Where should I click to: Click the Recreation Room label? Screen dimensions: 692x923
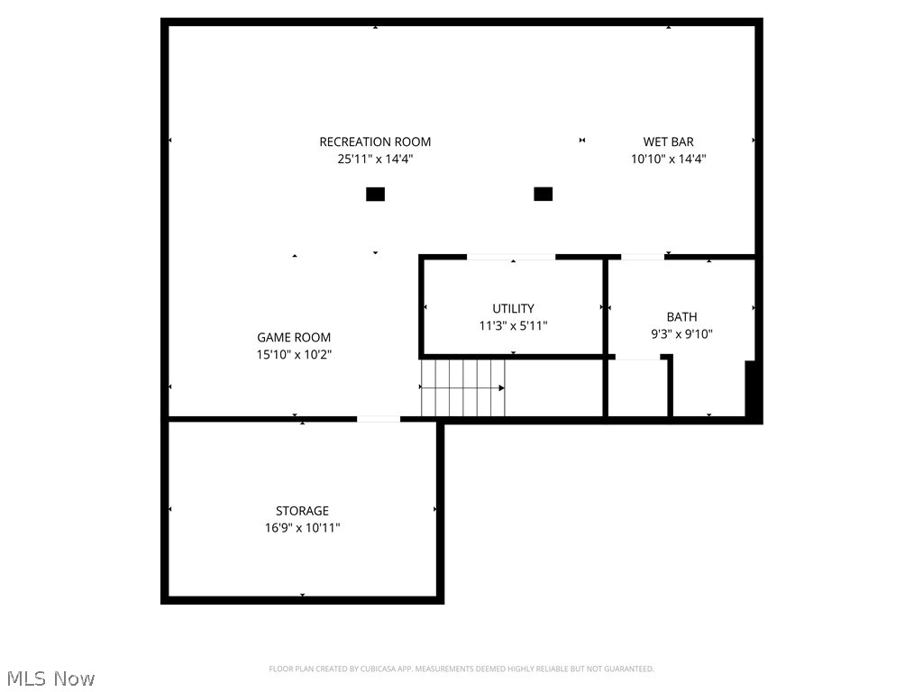375,141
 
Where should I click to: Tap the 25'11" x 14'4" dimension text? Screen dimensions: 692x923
375,159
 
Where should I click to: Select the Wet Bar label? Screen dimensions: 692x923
668,141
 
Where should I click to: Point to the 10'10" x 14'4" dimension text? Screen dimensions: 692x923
668,159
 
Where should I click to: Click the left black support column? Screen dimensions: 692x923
375,194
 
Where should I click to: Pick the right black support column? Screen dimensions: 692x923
543,194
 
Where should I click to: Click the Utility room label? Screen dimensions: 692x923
513,308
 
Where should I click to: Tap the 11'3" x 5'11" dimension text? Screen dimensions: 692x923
513,325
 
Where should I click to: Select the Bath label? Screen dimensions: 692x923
681,316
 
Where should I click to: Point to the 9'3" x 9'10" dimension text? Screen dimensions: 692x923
681,333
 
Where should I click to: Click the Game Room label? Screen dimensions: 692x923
294,338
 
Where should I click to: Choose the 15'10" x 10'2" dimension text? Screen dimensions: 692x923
294,355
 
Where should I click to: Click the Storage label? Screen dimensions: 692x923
302,511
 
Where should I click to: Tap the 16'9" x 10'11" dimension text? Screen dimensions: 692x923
302,528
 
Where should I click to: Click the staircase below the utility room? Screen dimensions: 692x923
463,387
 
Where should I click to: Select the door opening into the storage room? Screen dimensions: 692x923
379,419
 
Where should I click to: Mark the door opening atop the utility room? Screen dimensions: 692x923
511,257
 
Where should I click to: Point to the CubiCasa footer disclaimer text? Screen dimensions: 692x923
461,669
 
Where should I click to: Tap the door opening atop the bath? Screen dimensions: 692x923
643,257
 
